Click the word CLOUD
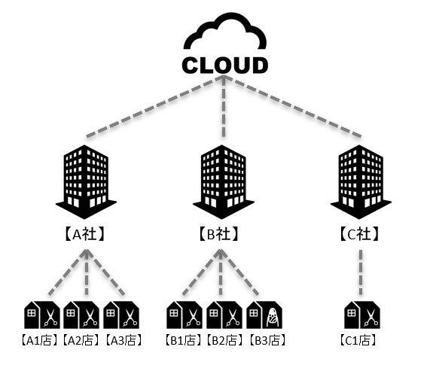pos(225,65)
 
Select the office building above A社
pos(86,182)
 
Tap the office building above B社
pos(224,182)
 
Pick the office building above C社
pos(361,182)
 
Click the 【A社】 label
pos(85,234)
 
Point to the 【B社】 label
pos(218,234)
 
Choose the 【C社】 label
pos(359,234)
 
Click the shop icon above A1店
pos(42,315)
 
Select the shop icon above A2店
pos(81,315)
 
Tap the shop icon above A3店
pos(121,315)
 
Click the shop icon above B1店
pos(185,315)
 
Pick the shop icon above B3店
pos(264,315)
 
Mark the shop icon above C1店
pos(362,315)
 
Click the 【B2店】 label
pos(224,341)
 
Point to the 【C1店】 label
pos(358,341)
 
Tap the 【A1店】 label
pos(40,341)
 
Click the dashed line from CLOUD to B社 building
pos(224,106)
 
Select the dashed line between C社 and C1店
pos(361,272)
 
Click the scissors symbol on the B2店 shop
pos(233,318)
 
